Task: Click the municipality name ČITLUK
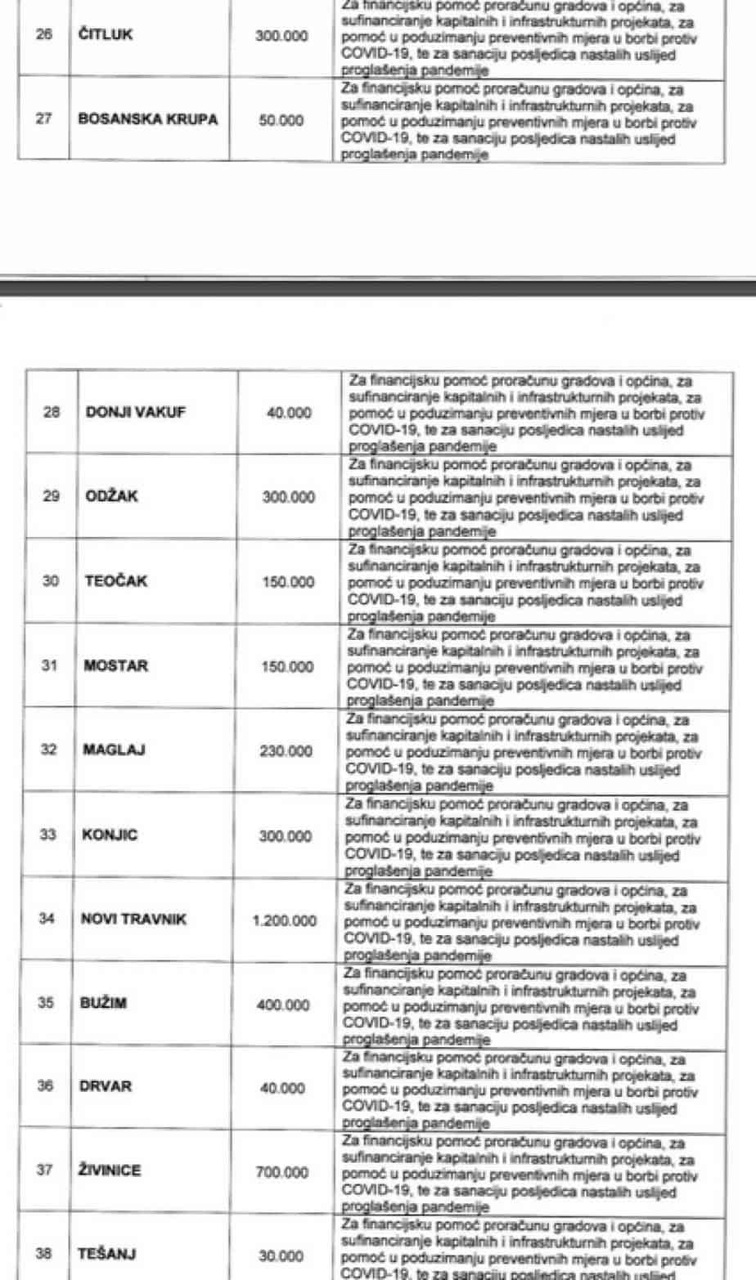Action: [x=106, y=35]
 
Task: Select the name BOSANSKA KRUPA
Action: [x=148, y=119]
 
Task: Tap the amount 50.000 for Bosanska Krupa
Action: [x=281, y=120]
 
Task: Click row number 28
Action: [x=52, y=412]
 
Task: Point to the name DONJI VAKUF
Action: [x=135, y=412]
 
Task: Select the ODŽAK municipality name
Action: [x=112, y=496]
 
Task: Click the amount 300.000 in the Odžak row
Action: [x=288, y=497]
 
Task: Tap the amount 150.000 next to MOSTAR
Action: [x=287, y=667]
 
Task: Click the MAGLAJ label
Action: [x=115, y=750]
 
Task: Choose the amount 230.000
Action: [x=286, y=751]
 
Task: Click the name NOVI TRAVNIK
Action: [x=133, y=920]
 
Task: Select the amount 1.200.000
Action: [x=284, y=921]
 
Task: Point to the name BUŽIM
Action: [x=103, y=1004]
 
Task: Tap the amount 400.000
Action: [x=283, y=1005]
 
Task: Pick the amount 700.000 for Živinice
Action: [x=281, y=1173]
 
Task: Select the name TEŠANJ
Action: [x=107, y=1254]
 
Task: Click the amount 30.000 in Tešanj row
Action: [x=281, y=1257]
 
